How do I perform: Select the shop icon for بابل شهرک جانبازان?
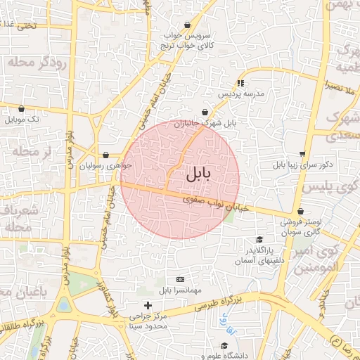205,112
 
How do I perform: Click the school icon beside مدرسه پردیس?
241,82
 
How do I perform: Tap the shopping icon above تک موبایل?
22,109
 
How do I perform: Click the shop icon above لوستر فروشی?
301,211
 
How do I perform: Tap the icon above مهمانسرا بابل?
179,279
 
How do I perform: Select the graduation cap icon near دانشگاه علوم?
224,346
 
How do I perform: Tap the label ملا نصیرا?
344,85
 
